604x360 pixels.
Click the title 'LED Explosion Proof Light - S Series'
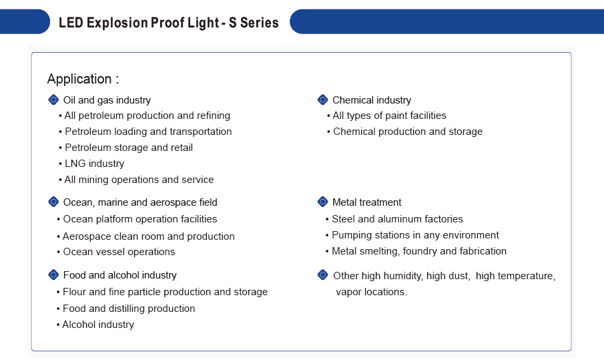(x=168, y=23)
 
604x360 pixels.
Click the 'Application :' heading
(x=83, y=79)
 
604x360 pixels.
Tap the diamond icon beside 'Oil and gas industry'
(x=53, y=100)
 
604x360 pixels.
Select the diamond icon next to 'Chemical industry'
(x=323, y=100)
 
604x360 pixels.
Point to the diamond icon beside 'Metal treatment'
(x=323, y=202)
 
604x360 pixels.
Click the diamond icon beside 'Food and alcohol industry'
(x=53, y=275)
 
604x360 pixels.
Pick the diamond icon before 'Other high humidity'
(x=323, y=275)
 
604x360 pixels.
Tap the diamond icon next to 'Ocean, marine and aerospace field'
(x=53, y=202)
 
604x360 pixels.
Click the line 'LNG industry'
(x=94, y=164)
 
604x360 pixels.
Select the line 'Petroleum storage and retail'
(x=129, y=148)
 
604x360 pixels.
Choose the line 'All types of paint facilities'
(x=390, y=116)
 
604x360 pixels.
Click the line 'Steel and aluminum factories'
(x=397, y=219)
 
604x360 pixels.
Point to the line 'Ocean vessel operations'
(x=119, y=252)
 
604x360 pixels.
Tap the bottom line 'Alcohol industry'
(x=98, y=325)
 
